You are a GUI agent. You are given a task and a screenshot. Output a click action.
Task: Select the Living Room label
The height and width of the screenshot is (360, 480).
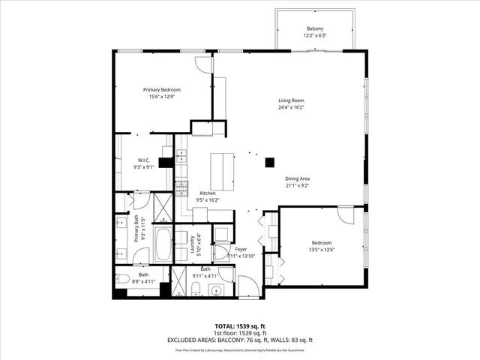coord(291,103)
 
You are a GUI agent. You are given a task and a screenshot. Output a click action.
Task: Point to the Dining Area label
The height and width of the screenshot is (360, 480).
coord(297,182)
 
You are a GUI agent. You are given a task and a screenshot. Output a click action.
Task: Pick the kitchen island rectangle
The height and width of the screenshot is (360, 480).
coord(222,172)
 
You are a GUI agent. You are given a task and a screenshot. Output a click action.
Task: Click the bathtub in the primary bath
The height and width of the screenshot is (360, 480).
coord(163,244)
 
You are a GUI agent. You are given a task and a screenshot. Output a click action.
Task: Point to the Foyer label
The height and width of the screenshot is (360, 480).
coord(241,252)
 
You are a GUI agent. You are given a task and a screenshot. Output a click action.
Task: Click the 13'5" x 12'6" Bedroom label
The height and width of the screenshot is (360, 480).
coord(321,247)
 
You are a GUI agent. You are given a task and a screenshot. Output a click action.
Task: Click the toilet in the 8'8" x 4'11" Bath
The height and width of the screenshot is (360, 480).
coord(123,280)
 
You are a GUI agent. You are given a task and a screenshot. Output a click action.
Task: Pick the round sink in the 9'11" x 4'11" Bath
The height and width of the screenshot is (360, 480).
coord(216,290)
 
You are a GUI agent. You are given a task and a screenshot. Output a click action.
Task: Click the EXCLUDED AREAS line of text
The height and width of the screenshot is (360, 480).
coord(239,341)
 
